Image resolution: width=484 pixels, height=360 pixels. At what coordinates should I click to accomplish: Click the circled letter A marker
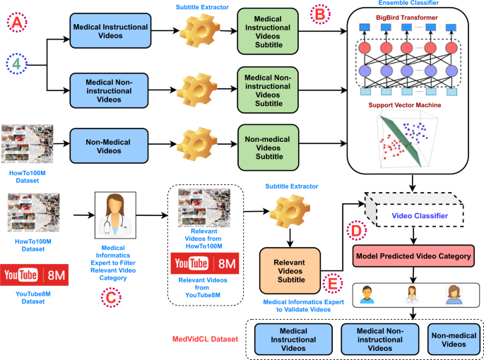click(16, 25)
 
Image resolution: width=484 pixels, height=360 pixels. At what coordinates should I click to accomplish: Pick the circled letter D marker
click(356, 231)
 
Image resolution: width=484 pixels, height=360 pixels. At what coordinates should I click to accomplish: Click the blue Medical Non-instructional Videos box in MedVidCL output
click(377, 338)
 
